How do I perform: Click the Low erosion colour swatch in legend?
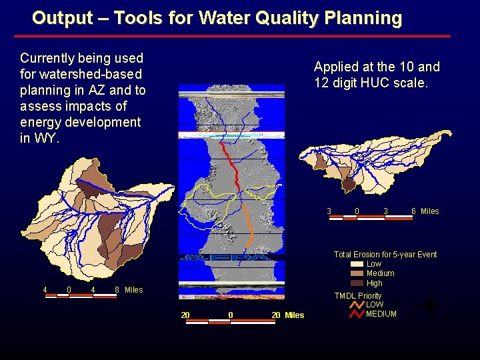pos(357,264)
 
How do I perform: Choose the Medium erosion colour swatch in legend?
pos(357,273)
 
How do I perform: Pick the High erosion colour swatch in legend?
pos(357,283)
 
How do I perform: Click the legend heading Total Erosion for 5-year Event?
pos(385,255)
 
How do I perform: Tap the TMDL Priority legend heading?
pos(358,296)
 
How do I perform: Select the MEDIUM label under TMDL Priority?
pos(381,314)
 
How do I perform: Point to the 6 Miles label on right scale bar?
pos(425,211)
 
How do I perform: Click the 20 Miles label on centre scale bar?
pos(287,315)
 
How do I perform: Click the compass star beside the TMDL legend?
pos(429,305)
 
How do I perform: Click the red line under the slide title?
pos(240,36)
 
